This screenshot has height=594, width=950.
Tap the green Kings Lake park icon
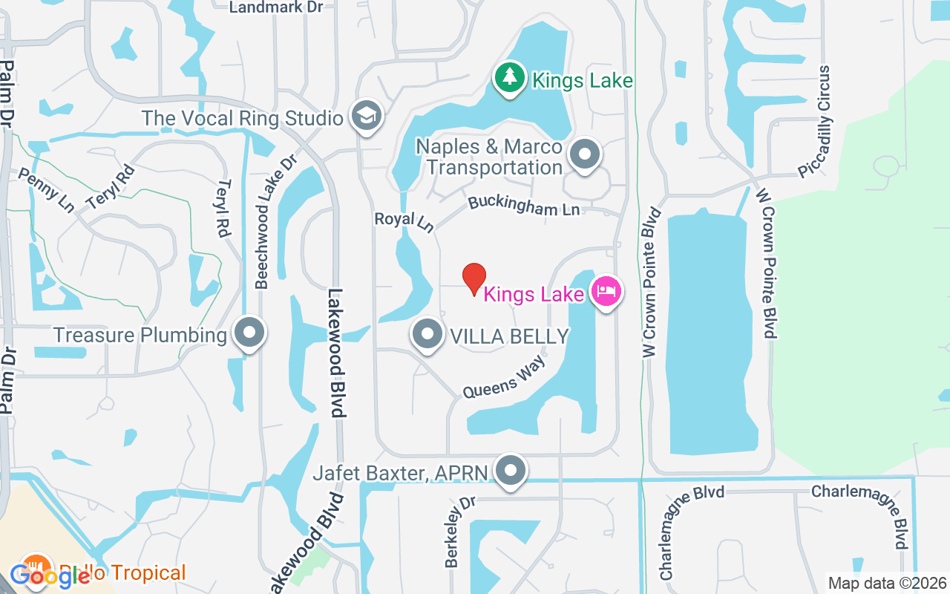(x=508, y=78)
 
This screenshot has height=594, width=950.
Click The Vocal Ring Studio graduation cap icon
(x=366, y=116)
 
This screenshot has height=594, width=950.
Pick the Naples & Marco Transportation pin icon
(x=584, y=155)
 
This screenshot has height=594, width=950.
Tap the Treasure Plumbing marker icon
(x=249, y=333)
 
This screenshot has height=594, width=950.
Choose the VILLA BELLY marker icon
(x=427, y=335)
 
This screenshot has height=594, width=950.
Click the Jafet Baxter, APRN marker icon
(x=511, y=471)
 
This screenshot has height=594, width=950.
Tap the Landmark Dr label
(x=266, y=7)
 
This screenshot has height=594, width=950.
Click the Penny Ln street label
(x=45, y=189)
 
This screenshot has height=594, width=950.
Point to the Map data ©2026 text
(x=888, y=583)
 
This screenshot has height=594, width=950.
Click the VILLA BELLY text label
(x=510, y=336)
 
